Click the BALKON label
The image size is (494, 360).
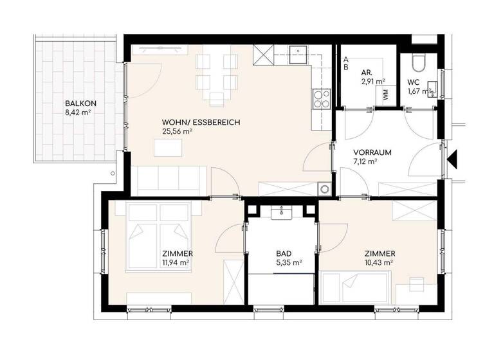click(78, 103)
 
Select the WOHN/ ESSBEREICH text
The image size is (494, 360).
click(192, 121)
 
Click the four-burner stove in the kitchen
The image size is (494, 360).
click(321, 98)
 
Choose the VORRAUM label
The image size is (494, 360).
click(372, 153)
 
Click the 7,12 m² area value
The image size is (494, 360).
click(365, 163)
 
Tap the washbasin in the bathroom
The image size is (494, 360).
click(282, 213)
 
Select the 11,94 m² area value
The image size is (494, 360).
click(176, 263)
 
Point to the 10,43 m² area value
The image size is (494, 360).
click(380, 262)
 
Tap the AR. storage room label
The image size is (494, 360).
click(368, 72)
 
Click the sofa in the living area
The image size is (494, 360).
click(171, 180)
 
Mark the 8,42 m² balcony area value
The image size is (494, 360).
click(78, 113)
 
